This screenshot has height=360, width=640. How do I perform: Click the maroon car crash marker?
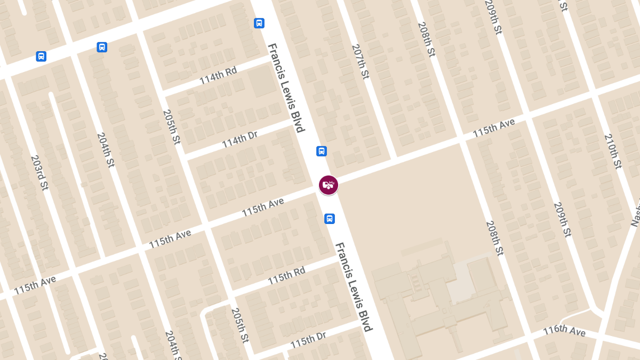click(329, 185)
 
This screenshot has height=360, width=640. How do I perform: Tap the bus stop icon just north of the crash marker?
click(322, 151)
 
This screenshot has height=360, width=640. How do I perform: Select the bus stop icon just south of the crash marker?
click(330, 219)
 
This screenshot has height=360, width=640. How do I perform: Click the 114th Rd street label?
click(218, 75)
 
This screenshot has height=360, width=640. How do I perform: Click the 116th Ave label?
click(564, 331)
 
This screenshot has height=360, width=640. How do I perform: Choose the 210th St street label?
click(613, 151)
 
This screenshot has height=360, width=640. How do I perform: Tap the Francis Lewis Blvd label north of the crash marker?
click(286, 87)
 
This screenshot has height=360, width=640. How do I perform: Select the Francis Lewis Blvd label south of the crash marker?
click(353, 287)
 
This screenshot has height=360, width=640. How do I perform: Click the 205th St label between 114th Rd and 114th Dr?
click(172, 126)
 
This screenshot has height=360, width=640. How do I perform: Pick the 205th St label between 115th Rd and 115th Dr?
click(240, 325)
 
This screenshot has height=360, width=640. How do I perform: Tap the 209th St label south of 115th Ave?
click(562, 220)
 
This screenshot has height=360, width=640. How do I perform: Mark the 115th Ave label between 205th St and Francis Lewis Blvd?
click(262, 207)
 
